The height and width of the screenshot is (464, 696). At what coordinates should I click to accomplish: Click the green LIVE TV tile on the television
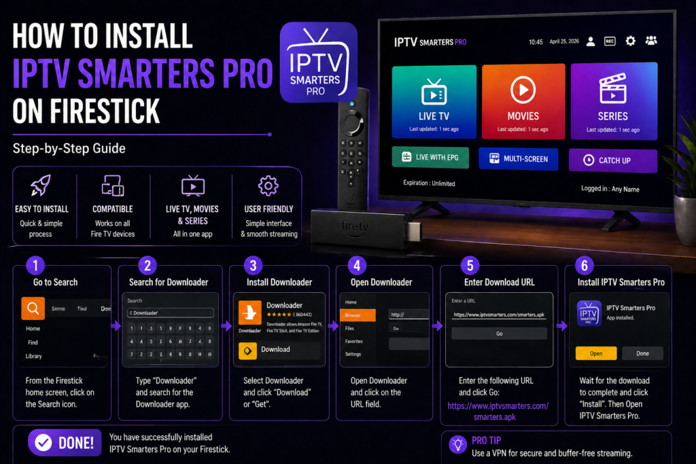pyautogui.click(x=433, y=99)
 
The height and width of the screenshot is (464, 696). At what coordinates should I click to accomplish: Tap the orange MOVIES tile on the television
pyautogui.click(x=523, y=99)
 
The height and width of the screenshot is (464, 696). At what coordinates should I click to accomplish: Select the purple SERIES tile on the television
pyautogui.click(x=613, y=99)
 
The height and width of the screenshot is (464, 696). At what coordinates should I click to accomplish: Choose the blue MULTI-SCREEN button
pyautogui.click(x=519, y=158)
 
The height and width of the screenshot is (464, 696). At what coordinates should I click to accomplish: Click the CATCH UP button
pyautogui.click(x=613, y=160)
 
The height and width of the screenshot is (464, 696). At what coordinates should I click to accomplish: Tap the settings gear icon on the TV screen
pyautogui.click(x=630, y=41)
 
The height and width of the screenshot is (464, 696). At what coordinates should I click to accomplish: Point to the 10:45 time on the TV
pyautogui.click(x=536, y=42)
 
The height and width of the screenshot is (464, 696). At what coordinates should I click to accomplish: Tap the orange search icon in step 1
pyautogui.click(x=33, y=308)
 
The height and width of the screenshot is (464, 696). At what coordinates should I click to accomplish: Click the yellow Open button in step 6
pyautogui.click(x=596, y=353)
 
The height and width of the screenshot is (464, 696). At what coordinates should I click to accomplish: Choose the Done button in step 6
pyautogui.click(x=642, y=353)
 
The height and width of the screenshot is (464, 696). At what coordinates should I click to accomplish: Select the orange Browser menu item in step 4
pyautogui.click(x=358, y=315)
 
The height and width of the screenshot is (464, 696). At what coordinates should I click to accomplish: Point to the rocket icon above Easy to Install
pyautogui.click(x=41, y=185)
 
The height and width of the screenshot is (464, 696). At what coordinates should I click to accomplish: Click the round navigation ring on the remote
pyautogui.click(x=351, y=124)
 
